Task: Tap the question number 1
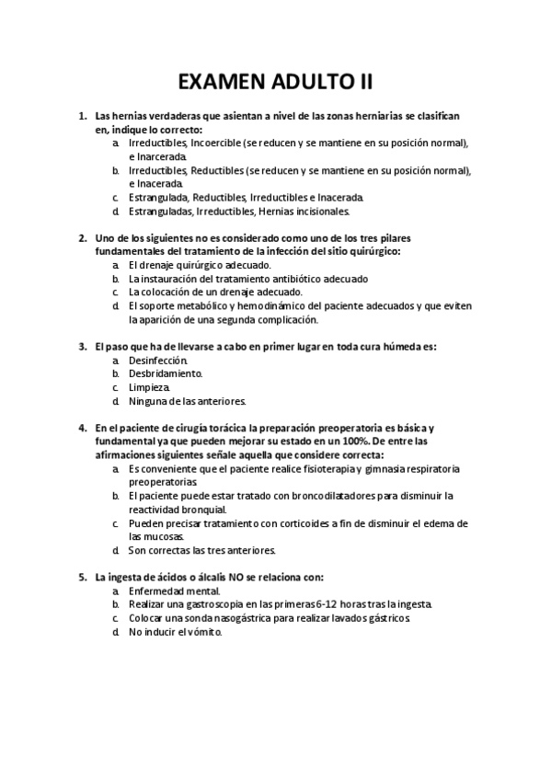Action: (83, 117)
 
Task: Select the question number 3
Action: (83, 347)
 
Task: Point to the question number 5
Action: (83, 577)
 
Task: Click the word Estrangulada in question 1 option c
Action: (159, 197)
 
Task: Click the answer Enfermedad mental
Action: (175, 591)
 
